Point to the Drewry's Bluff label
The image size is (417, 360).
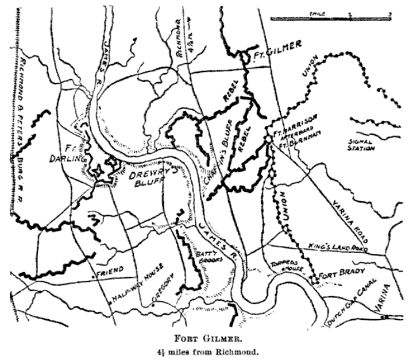tap(153, 173)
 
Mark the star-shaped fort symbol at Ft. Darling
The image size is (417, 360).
tap(98, 171)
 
